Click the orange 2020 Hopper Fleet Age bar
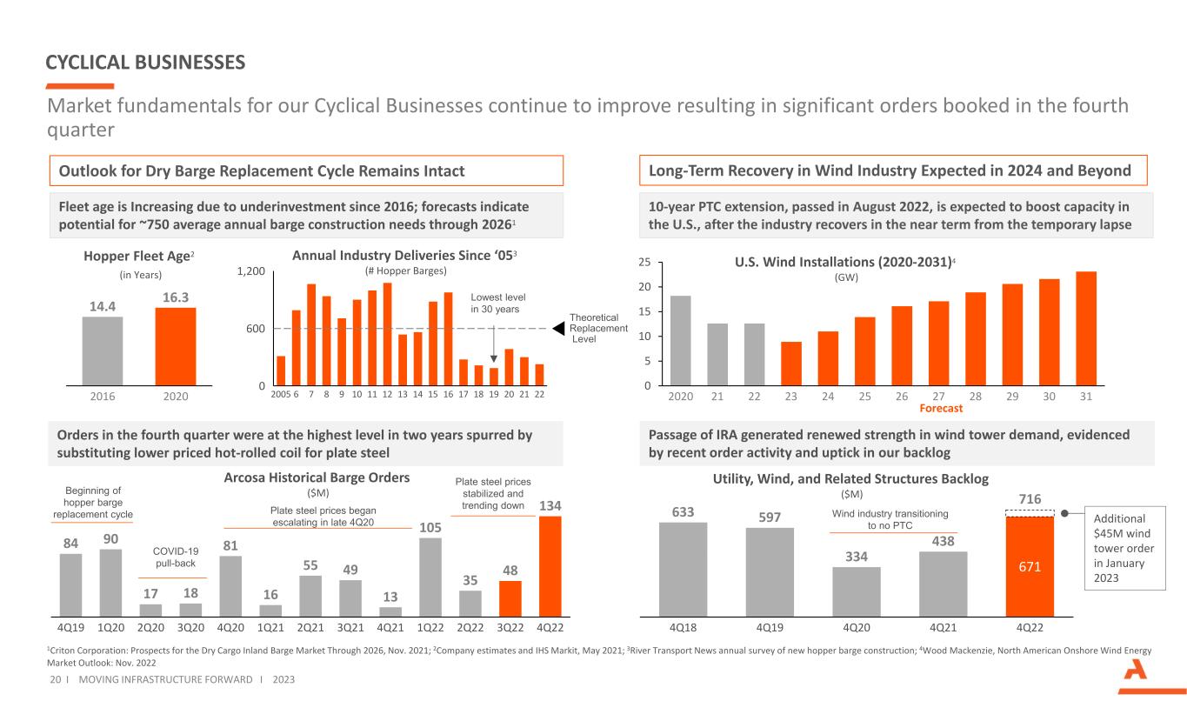(175, 345)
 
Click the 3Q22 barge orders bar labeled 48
(510, 597)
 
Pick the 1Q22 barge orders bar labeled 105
(430, 577)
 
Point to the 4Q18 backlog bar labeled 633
(683, 569)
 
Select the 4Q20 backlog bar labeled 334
(856, 591)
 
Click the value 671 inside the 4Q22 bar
(1030, 566)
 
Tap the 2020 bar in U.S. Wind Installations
(681, 340)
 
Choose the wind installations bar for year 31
(1086, 328)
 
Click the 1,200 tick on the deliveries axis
(250, 271)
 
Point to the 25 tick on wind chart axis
(645, 262)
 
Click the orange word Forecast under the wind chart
(941, 408)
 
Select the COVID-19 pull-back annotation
(175, 557)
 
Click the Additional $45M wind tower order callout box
(1125, 548)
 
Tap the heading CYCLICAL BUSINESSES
(145, 63)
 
